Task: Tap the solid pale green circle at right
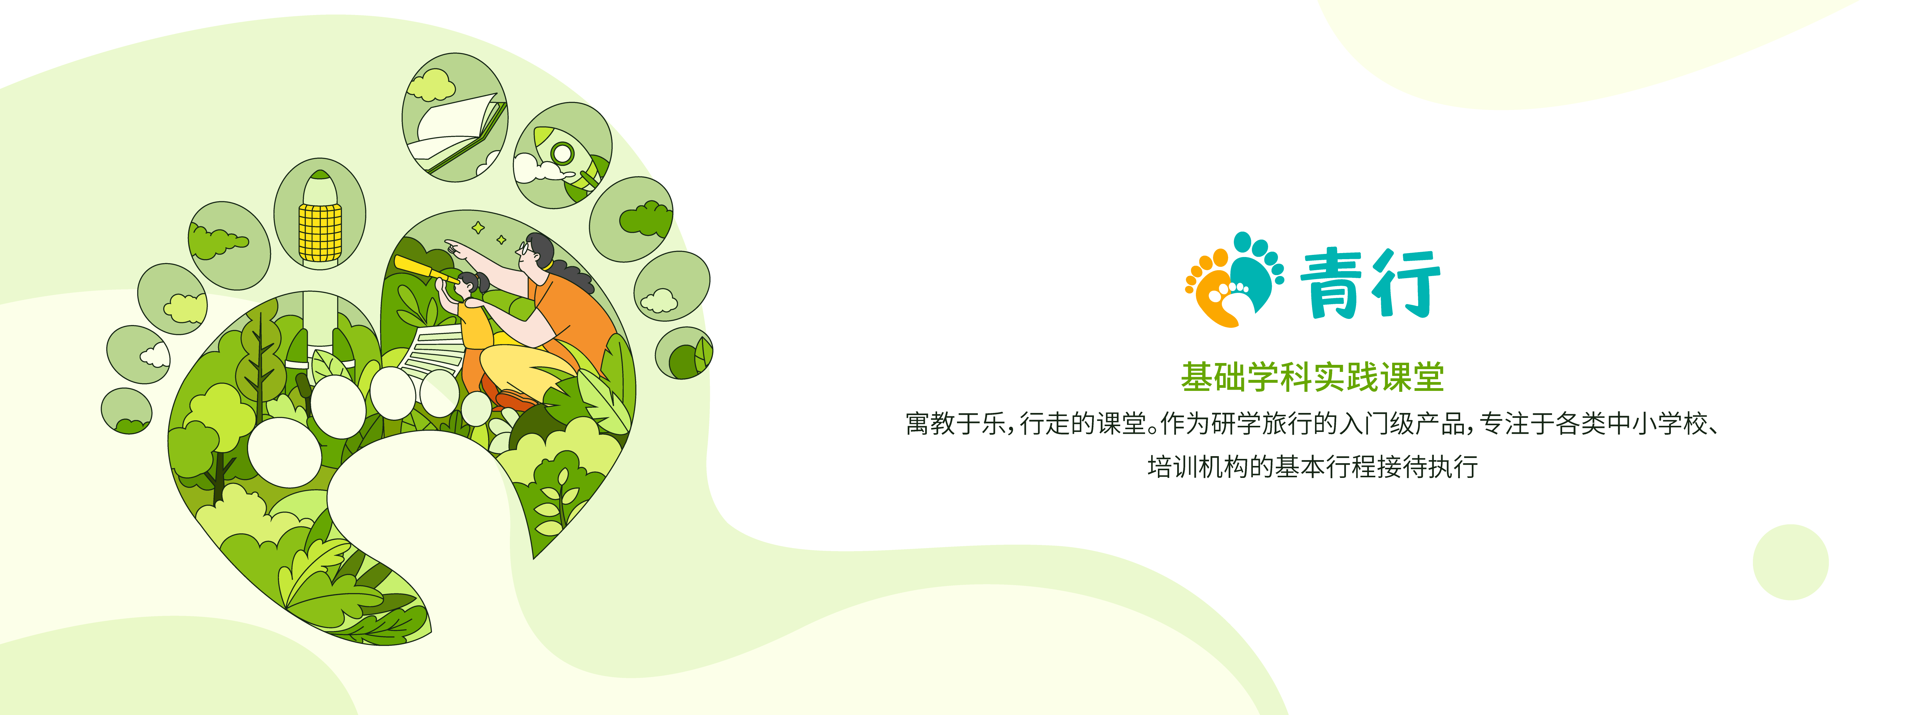[x=1791, y=562]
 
